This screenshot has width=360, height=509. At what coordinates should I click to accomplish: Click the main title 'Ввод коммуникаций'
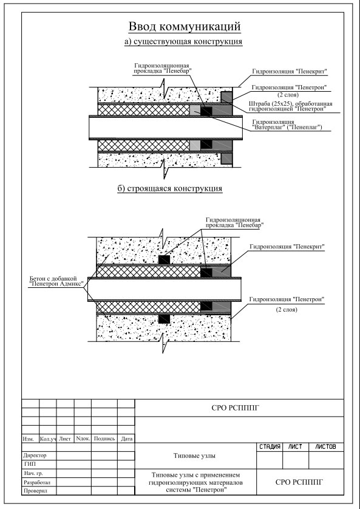tap(185, 27)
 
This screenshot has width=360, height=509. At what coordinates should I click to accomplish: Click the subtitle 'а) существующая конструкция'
tap(183, 41)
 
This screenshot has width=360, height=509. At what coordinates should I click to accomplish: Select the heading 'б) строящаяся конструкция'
tap(169, 189)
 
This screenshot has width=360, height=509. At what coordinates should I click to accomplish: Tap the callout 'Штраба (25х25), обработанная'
tap(291, 103)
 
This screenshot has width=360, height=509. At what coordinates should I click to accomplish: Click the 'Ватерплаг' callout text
tap(287, 125)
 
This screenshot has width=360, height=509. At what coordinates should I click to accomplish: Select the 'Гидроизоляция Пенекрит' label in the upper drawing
tap(290, 72)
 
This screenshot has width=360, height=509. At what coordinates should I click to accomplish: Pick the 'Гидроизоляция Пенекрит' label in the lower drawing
tap(287, 247)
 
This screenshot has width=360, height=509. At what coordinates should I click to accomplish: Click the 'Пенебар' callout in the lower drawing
tap(234, 222)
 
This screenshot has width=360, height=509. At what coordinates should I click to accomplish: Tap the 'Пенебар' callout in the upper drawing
tap(161, 69)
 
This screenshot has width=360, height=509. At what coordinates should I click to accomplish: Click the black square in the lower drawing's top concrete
tap(164, 259)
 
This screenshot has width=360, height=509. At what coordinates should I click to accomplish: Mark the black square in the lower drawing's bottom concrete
tap(164, 319)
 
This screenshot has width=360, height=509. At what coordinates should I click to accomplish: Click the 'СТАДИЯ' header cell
tap(270, 447)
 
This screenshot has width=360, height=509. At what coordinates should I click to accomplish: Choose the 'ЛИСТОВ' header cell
tap(326, 447)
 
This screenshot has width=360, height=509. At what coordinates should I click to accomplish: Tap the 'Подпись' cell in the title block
tap(104, 439)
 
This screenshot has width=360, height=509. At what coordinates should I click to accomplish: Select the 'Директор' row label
tap(35, 456)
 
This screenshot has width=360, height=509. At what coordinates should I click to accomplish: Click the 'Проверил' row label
tap(35, 491)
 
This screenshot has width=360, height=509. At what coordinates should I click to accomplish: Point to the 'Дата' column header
tap(126, 439)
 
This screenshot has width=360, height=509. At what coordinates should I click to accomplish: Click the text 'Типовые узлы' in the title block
tap(195, 456)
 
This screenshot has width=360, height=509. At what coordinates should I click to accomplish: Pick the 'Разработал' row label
tap(36, 482)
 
